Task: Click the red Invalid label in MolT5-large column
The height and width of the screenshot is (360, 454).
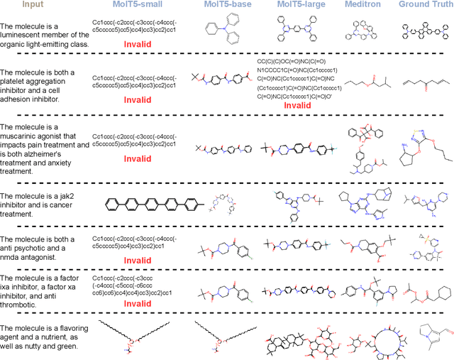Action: click(x=297, y=106)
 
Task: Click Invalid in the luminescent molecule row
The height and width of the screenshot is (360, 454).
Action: click(x=137, y=44)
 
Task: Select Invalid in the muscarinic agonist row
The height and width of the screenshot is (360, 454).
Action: click(x=137, y=160)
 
